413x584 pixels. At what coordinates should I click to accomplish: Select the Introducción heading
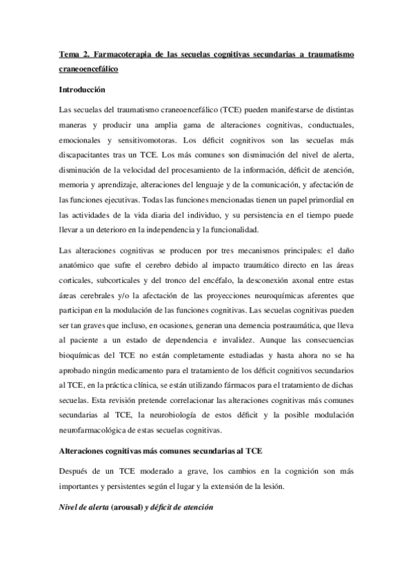tap(82, 90)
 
